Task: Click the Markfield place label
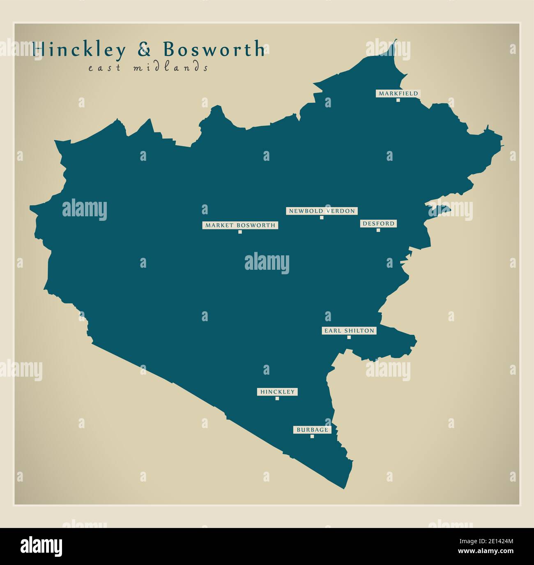point(398,93)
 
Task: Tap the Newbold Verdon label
point(322,211)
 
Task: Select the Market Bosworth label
point(240,225)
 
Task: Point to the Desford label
point(378,224)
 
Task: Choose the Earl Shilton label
point(349,331)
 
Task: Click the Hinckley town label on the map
point(277,392)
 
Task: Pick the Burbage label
point(312,430)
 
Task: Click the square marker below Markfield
point(398,100)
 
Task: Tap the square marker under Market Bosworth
point(240,232)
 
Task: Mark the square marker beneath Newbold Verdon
point(322,218)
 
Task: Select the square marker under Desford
point(378,230)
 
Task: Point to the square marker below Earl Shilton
point(349,337)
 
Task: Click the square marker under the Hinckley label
point(277,398)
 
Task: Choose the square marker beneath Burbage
point(312,436)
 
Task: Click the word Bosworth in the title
point(214,49)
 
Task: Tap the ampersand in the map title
point(144,49)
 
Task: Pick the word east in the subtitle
point(105,68)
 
